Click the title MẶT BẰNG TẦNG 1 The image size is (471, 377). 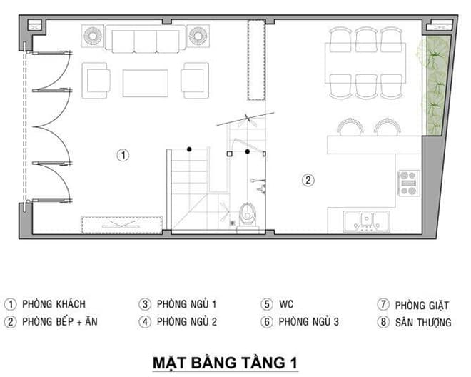[x=225, y=362]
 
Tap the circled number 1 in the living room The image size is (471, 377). [x=123, y=154]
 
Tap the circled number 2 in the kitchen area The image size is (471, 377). [x=308, y=180]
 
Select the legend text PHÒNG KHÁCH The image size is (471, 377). [x=54, y=304]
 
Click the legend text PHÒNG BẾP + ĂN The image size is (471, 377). [x=60, y=322]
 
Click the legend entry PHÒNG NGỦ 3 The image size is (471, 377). [x=308, y=322]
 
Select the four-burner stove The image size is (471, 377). [x=408, y=184]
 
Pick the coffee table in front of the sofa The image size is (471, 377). [x=146, y=82]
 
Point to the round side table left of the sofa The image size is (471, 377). [x=93, y=35]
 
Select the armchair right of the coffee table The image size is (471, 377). [x=194, y=80]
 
